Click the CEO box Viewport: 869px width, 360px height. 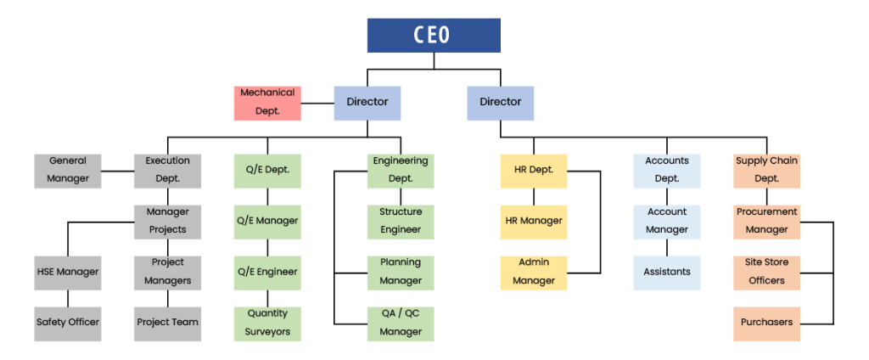(433, 35)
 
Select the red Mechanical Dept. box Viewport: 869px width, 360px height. (267, 103)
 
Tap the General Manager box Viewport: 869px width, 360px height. (68, 170)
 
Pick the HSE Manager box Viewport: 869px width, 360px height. (68, 272)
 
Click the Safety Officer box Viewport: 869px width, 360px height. (68, 323)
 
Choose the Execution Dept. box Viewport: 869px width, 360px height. (167, 170)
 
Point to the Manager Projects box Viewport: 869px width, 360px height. (167, 221)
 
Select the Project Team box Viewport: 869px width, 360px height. (167, 323)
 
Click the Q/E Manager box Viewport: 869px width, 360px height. (267, 221)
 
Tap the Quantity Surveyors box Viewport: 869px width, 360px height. (267, 323)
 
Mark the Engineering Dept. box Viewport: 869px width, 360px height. (401, 170)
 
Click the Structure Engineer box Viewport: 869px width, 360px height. (401, 221)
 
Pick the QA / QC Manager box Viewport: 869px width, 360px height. (401, 323)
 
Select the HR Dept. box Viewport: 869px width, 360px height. (534, 170)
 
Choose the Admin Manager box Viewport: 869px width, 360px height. (534, 272)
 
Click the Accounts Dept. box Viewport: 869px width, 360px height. (667, 170)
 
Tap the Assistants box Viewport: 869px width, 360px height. (667, 272)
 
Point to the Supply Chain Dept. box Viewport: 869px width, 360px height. (766, 170)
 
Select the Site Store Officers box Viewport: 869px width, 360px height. (766, 272)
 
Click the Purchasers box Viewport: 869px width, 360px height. (766, 323)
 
